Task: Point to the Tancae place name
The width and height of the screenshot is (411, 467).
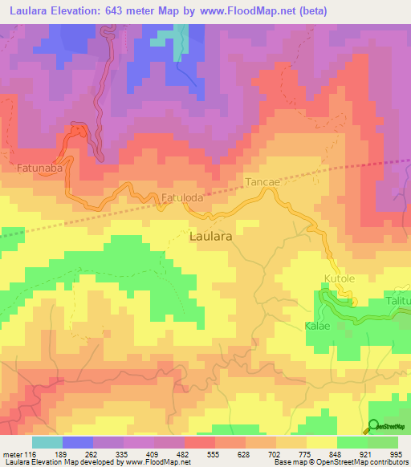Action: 262,182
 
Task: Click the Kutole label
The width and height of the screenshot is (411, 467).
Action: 337,278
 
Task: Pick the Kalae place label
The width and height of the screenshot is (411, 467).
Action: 317,327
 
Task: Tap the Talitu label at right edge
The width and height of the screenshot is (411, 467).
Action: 398,299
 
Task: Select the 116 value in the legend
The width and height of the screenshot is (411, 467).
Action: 31,454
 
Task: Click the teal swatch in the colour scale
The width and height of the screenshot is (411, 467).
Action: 47,442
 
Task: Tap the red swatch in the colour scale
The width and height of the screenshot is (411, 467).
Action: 199,442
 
